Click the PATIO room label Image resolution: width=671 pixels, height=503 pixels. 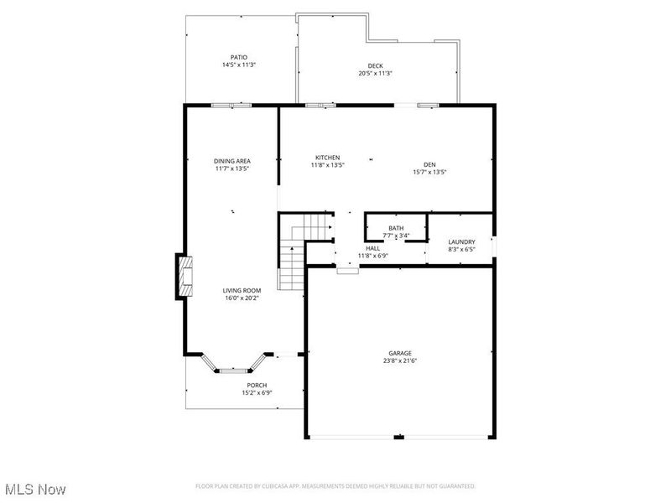pos(239,58)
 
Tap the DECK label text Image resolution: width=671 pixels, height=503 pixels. pos(375,66)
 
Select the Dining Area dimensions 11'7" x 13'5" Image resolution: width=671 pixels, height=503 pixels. pos(232,169)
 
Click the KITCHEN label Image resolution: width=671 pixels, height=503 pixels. pos(327,158)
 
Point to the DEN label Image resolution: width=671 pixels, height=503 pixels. pos(429,164)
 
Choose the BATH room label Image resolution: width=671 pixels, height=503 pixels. pos(395,228)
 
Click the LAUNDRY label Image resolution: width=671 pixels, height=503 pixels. pos(461,241)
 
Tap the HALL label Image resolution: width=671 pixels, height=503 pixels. pos(372,248)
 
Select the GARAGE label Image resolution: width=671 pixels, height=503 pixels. pos(400,353)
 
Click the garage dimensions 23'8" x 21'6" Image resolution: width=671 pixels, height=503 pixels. pos(400,361)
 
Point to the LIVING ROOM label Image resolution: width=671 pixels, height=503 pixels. pos(242,290)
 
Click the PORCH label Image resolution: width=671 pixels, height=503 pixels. pos(257,385)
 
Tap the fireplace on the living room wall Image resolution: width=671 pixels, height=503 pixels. pos(183,276)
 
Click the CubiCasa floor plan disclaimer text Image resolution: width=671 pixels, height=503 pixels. pos(335,486)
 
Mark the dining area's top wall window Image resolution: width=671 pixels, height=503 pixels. pos(231,106)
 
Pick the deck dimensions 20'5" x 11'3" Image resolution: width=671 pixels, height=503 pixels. pos(375,74)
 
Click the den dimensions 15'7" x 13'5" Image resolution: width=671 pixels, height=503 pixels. pos(429,172)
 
